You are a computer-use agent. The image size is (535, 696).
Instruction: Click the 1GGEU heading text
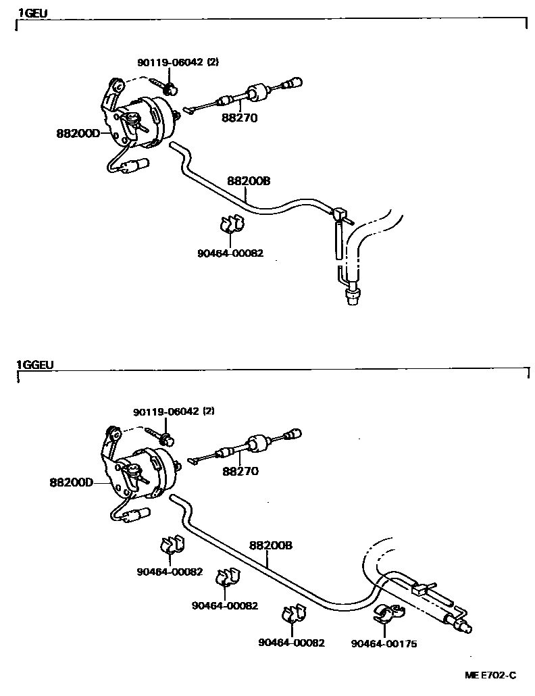[x=34, y=365]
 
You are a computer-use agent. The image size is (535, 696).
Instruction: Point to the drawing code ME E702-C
[x=490, y=675]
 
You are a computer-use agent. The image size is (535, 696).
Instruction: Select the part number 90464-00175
[x=384, y=643]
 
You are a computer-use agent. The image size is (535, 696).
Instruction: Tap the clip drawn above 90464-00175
[x=387, y=614]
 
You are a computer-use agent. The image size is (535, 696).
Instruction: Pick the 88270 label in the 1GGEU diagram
[x=240, y=471]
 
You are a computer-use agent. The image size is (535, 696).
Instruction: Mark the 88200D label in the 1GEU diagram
[x=78, y=133]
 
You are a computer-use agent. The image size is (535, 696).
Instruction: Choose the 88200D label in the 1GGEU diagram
[x=72, y=482]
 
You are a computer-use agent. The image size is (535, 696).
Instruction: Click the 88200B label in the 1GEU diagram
[x=249, y=180]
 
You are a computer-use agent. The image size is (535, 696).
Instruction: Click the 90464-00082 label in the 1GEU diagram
[x=230, y=253]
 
